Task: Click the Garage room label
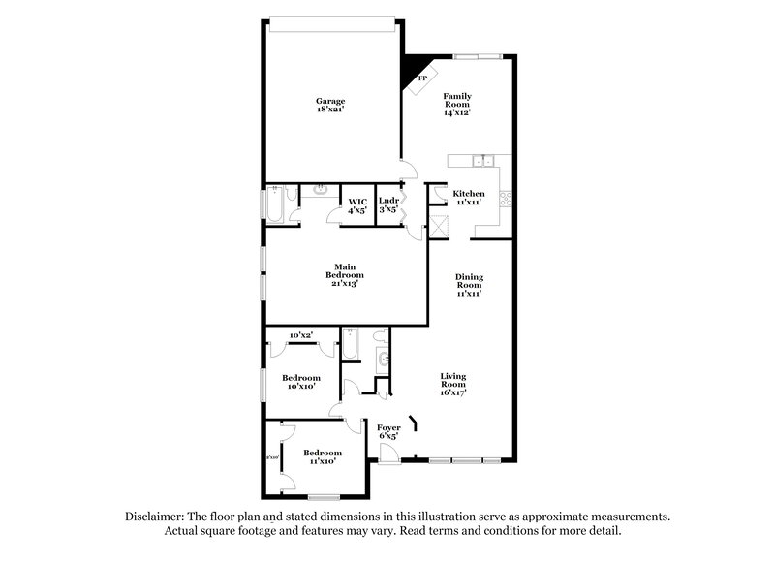pyautogui.click(x=330, y=101)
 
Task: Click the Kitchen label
pyautogui.click(x=470, y=193)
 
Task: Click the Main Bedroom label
pyautogui.click(x=344, y=271)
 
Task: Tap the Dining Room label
pyautogui.click(x=470, y=282)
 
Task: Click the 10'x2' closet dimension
pyautogui.click(x=300, y=335)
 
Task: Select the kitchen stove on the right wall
pyautogui.click(x=505, y=201)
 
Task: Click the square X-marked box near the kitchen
pyautogui.click(x=439, y=227)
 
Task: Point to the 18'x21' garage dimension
pyautogui.click(x=330, y=110)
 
